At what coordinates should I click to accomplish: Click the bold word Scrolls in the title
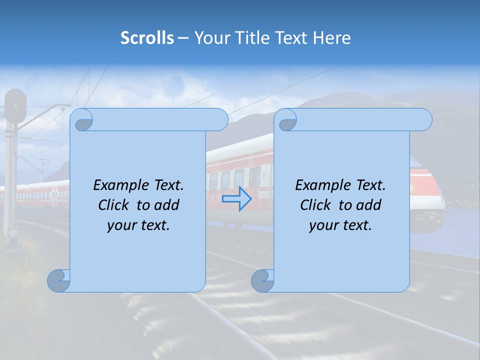pyautogui.click(x=147, y=38)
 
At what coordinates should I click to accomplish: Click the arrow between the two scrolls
pyautogui.click(x=236, y=199)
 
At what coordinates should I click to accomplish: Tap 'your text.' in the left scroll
pyautogui.click(x=138, y=225)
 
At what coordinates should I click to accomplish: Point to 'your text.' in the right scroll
pyautogui.click(x=340, y=225)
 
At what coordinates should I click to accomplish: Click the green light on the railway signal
pyautogui.click(x=16, y=105)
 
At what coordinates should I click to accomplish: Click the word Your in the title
pyautogui.click(x=209, y=38)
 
